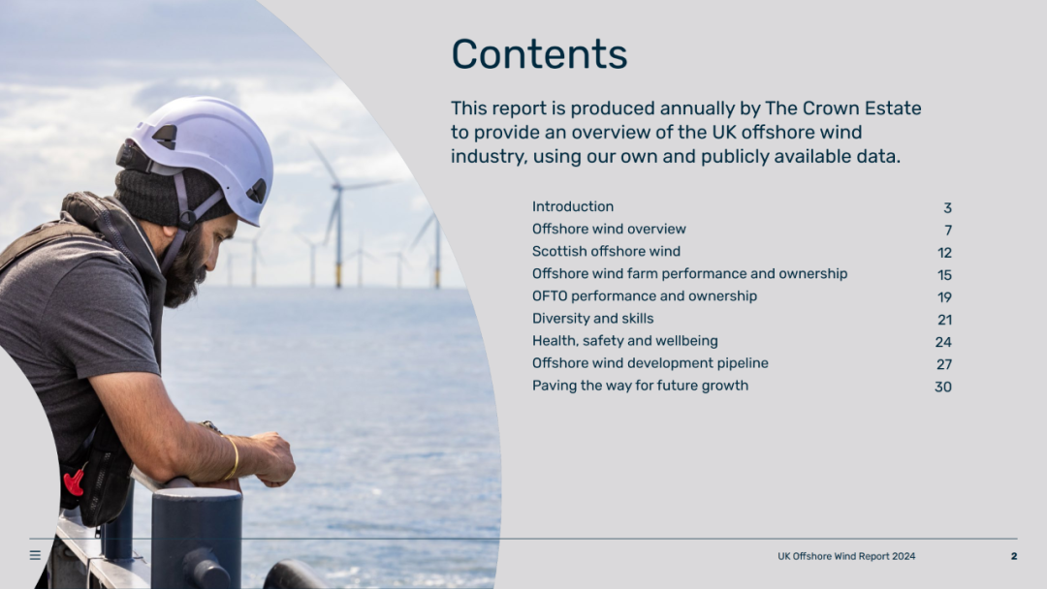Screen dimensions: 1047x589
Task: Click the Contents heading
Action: pos(539,53)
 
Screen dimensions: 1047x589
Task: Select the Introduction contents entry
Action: pos(572,206)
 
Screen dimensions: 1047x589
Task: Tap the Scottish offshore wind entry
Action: pos(606,252)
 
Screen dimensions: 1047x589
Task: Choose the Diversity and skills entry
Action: pos(592,318)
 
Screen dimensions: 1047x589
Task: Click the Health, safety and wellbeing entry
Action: pos(624,341)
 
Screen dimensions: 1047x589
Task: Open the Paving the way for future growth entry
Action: pos(640,386)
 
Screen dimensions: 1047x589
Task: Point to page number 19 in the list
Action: pos(944,297)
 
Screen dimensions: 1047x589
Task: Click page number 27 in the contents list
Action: pos(943,364)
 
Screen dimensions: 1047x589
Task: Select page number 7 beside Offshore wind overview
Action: pos(948,231)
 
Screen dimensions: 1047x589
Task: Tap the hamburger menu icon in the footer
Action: pos(36,555)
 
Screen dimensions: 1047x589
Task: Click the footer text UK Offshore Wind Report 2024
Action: pos(846,556)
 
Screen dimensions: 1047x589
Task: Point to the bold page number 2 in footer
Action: pos(1014,556)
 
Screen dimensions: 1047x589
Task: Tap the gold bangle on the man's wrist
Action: pos(233,457)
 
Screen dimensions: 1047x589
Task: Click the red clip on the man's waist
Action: pos(74,481)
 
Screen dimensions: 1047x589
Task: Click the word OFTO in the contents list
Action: pos(549,296)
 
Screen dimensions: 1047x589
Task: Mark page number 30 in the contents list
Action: pos(943,387)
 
